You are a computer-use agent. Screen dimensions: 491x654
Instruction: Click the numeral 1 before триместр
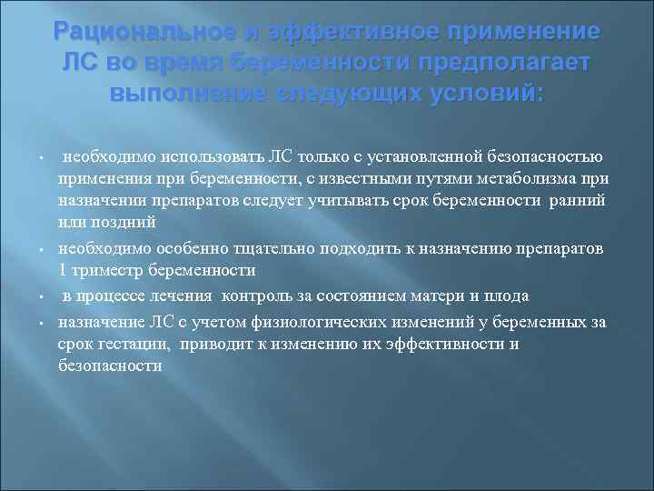[63, 270]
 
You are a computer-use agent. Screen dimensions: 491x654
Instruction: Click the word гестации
[134, 345]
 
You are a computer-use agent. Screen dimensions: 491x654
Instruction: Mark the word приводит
[216, 345]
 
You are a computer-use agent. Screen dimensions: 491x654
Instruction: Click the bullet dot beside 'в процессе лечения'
[43, 296]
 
